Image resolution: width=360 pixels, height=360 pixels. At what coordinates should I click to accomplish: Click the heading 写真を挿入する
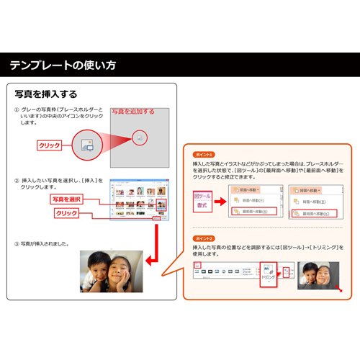point(46,94)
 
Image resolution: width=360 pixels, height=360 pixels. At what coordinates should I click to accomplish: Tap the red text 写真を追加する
point(132,112)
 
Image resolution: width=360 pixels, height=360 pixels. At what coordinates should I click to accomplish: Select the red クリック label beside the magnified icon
point(49,145)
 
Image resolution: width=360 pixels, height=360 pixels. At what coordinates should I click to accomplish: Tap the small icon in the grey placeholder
point(140,136)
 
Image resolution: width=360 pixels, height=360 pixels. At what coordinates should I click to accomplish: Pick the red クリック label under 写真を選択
point(66,213)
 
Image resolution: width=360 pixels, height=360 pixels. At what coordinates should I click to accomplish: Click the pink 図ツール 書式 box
point(203,201)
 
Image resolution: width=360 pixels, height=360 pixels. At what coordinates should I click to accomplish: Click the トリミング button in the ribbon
point(267,275)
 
